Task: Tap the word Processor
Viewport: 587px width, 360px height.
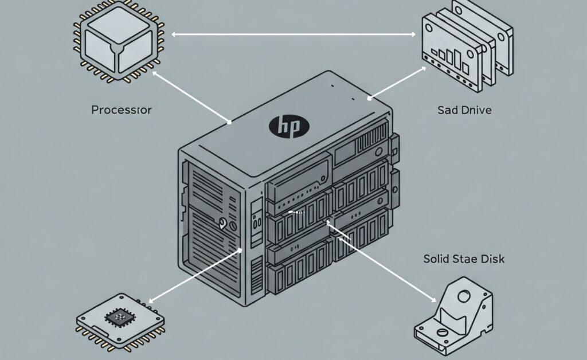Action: click(122, 110)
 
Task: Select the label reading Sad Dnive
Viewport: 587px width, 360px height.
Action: click(464, 110)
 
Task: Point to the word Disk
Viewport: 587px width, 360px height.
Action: click(491, 259)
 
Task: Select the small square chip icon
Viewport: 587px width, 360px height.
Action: click(119, 319)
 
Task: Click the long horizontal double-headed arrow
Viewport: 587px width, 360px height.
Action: click(293, 35)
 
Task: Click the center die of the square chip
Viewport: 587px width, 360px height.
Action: click(119, 317)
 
